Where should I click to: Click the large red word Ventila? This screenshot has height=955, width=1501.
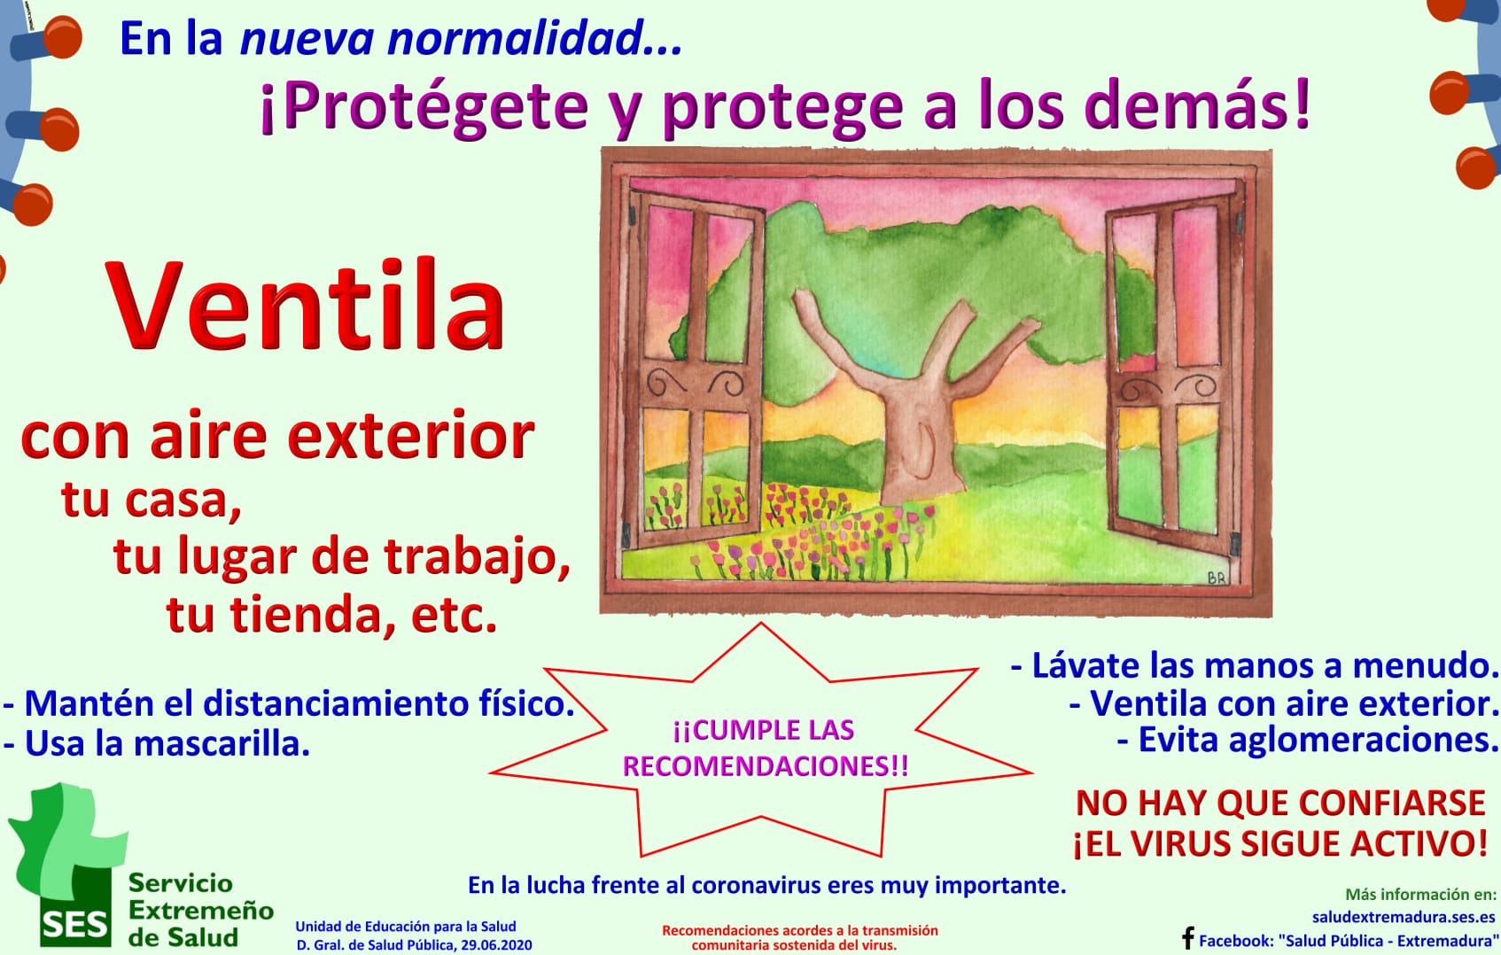[305, 306]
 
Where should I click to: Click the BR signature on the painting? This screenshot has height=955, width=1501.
[1217, 578]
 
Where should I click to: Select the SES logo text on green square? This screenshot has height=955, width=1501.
[74, 926]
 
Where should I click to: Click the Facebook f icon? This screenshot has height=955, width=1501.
[1188, 937]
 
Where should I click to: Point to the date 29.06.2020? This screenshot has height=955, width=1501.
[496, 945]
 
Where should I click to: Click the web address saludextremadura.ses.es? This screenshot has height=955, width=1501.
[1404, 916]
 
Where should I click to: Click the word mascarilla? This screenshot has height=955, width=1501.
[222, 743]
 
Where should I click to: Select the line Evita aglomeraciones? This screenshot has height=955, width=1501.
[1309, 740]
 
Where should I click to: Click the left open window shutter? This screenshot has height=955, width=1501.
[696, 369]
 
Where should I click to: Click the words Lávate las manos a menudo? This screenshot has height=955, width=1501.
[1255, 665]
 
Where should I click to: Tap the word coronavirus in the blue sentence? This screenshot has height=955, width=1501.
[757, 885]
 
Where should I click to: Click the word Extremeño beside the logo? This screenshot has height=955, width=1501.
[201, 910]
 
